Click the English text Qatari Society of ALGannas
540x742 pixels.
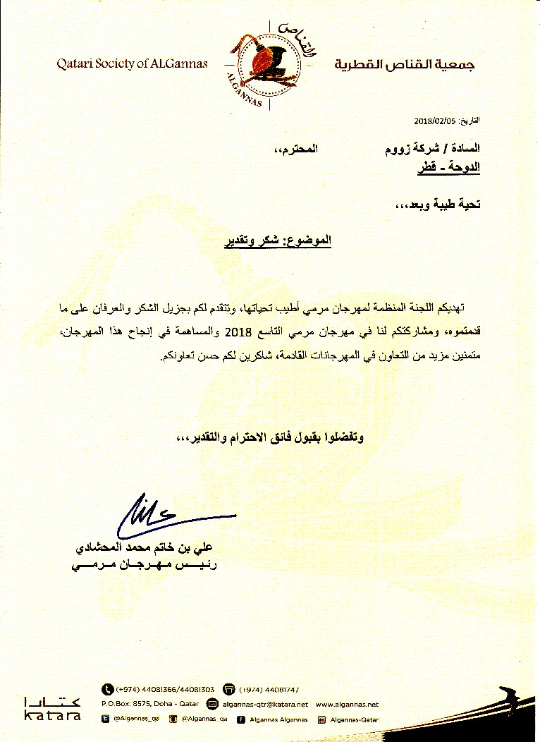point(133,63)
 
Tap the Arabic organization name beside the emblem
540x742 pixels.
point(404,65)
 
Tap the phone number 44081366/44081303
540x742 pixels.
point(165,689)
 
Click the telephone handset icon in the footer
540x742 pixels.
point(108,689)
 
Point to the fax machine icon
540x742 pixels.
point(228,689)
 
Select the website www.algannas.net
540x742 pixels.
point(347,704)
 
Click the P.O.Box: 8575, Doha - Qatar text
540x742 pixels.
point(151,704)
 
